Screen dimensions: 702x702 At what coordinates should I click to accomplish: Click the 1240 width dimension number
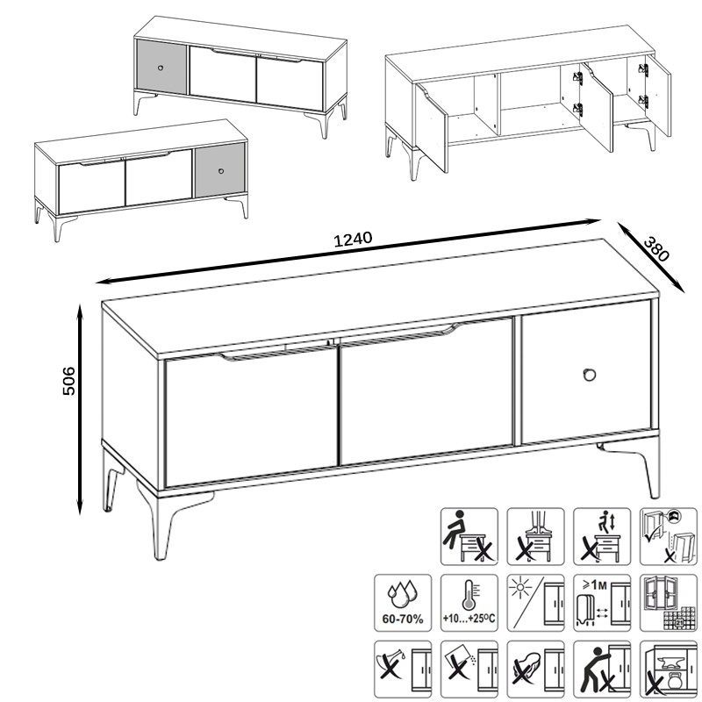pos(353,239)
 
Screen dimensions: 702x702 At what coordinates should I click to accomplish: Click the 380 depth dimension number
pos(656,249)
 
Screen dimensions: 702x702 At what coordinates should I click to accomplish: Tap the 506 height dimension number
pos(68,381)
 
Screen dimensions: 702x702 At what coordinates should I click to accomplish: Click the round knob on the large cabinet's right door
pos(589,375)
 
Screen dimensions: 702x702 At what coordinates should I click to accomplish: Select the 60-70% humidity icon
pos(403,603)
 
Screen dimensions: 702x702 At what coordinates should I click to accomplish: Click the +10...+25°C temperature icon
pos(469,603)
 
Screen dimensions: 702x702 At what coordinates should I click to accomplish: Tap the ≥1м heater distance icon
pos(602,603)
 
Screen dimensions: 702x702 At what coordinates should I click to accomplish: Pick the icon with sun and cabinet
pos(535,603)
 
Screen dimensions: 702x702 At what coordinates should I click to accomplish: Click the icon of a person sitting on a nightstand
pos(469,536)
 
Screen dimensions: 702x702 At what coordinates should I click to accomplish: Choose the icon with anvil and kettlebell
pos(669,670)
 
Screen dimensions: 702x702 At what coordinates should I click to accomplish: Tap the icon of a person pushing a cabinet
pos(602,670)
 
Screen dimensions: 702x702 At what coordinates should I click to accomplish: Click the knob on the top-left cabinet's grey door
pos(161,68)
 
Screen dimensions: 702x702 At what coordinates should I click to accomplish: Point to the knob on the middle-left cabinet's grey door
pos(221,171)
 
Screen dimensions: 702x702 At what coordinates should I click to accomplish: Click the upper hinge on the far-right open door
pos(643,70)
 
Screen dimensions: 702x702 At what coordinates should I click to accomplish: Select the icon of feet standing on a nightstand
pos(535,536)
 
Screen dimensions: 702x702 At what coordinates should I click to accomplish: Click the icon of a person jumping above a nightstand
pos(602,536)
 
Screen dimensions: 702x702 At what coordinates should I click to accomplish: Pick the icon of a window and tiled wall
pos(669,603)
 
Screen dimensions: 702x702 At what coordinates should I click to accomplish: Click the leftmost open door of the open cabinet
pos(432,126)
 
